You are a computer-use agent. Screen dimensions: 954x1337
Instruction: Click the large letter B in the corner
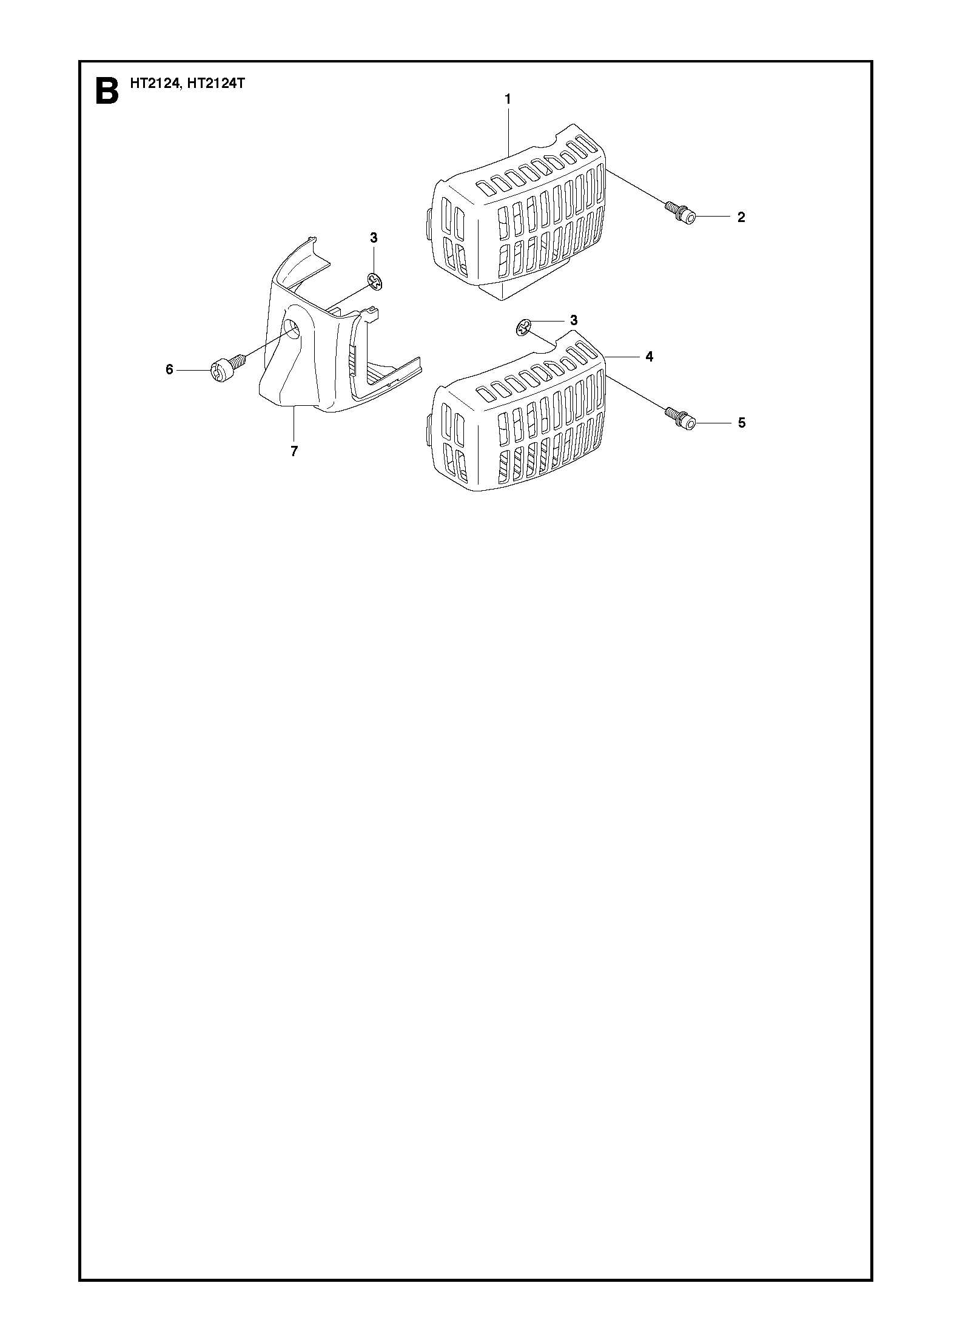click(x=107, y=92)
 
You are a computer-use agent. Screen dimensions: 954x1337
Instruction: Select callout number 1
click(x=508, y=99)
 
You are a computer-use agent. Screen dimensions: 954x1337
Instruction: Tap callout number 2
click(x=741, y=217)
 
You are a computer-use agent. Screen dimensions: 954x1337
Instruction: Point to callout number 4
click(x=650, y=357)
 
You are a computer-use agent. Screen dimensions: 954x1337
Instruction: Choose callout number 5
click(x=741, y=423)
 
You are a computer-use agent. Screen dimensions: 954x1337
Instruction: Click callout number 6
click(x=169, y=369)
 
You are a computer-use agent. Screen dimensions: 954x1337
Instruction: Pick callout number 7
click(x=294, y=451)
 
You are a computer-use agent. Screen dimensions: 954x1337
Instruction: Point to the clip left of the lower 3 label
click(x=524, y=328)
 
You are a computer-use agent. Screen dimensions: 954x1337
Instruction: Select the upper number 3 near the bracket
click(x=374, y=238)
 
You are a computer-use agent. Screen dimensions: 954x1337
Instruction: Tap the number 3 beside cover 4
click(x=574, y=320)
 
